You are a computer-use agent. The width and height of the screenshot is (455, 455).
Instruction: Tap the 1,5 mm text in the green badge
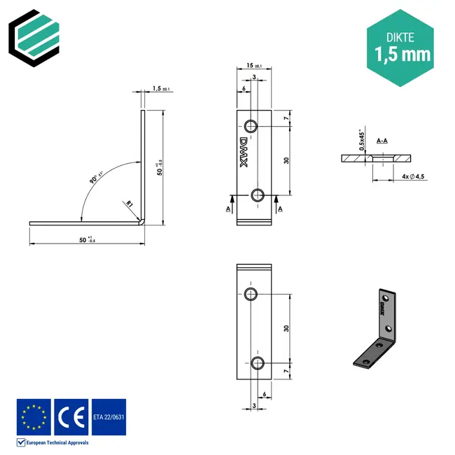tap(402, 54)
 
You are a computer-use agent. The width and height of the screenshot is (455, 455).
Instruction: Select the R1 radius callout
tap(129, 204)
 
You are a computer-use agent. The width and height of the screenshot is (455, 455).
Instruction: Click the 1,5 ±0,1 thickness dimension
tap(160, 90)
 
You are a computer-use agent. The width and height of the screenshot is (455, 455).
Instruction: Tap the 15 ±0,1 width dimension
tap(253, 66)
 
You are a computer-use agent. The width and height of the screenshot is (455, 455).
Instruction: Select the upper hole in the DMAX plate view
tap(251, 126)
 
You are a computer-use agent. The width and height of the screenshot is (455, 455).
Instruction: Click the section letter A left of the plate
tap(228, 209)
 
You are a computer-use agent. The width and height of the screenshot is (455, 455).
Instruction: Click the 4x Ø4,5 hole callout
tap(413, 176)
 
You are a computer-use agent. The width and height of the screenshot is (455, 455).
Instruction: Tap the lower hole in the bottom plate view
tap(258, 362)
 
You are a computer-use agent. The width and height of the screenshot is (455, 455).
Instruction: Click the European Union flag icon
tap(34, 416)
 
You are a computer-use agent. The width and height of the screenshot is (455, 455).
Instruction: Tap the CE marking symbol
tap(71, 416)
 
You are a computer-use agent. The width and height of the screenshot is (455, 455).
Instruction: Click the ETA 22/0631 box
tap(108, 416)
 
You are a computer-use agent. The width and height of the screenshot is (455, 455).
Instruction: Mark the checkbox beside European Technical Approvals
tap(21, 442)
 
